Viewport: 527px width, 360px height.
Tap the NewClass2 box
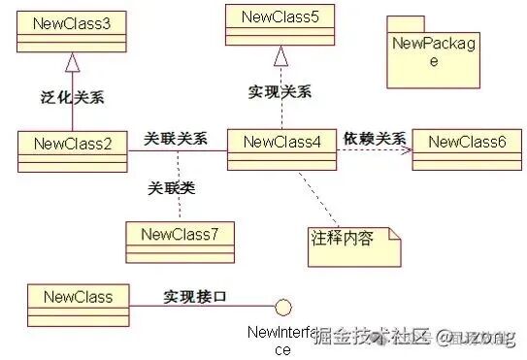pos(72,145)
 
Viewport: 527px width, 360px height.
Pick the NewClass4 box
pos(282,144)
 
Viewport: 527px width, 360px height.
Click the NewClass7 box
pos(180,235)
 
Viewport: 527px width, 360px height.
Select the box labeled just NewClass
pos(72,295)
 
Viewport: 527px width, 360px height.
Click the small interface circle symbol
pos(282,308)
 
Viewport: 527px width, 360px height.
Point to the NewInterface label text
pos(281,341)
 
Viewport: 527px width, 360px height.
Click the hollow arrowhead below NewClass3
pos(72,61)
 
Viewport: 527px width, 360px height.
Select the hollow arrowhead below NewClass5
pos(280,54)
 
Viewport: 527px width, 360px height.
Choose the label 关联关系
pos(176,138)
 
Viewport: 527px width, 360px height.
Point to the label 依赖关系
pos(375,138)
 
